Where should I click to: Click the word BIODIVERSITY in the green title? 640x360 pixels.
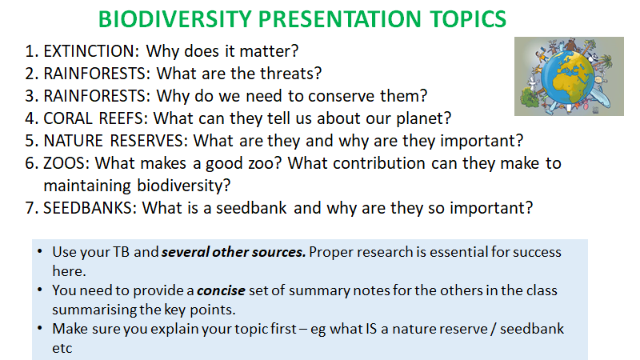point(175,19)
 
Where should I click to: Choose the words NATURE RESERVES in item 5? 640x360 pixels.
point(115,141)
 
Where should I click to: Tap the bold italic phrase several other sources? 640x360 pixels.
point(234,252)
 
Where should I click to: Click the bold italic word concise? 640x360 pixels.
point(221,290)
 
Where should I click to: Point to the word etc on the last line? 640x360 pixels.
point(62,349)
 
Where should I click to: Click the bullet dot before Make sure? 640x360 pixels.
point(39,328)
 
